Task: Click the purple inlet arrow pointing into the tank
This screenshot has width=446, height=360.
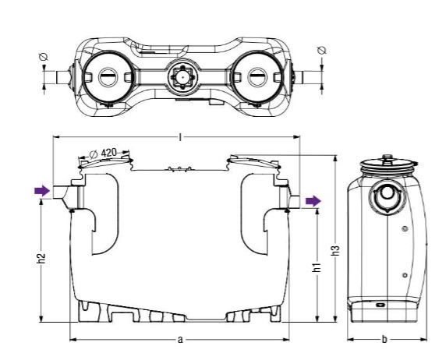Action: click(42, 191)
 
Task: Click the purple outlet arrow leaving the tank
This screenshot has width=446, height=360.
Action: click(313, 201)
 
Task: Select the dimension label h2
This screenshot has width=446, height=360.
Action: click(41, 259)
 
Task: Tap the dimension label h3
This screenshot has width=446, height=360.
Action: click(336, 250)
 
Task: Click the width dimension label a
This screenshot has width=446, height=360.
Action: click(180, 339)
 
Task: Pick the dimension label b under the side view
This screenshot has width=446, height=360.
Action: click(384, 339)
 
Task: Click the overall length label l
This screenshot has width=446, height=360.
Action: click(180, 137)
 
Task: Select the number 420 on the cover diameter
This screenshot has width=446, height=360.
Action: click(109, 153)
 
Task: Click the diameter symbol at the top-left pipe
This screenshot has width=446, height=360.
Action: click(44, 57)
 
